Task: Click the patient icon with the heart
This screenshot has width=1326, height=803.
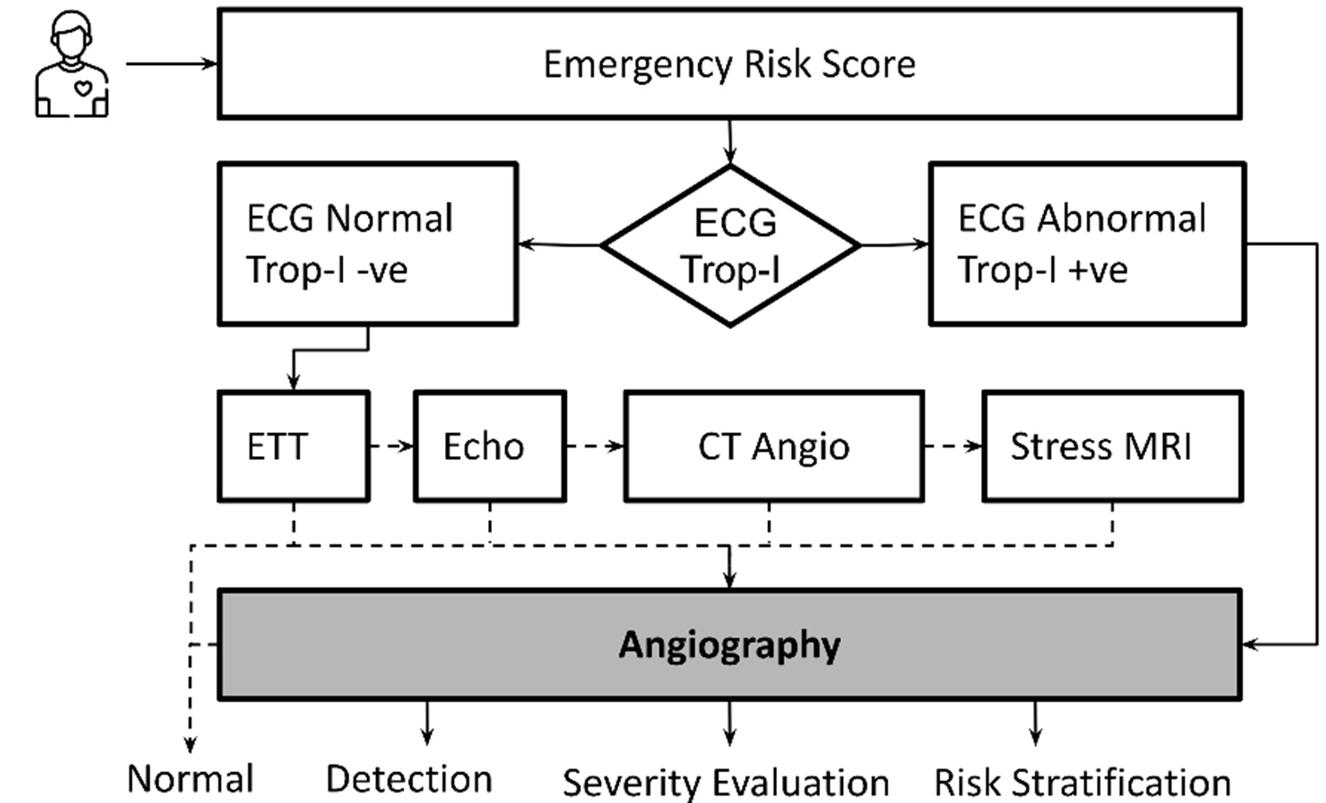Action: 71,65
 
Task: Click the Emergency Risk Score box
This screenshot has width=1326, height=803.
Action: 728,64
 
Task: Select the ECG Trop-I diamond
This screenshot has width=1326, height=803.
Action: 730,245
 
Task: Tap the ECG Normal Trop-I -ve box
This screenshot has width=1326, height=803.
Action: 367,244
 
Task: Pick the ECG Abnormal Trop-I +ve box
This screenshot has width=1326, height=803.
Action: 1086,244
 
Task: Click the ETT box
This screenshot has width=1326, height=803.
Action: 293,446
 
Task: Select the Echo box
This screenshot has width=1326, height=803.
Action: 489,446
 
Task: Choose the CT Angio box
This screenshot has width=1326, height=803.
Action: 773,446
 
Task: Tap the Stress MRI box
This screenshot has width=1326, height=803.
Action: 1112,446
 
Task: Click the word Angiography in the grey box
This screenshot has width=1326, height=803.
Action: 728,645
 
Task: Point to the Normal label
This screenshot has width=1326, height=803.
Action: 191,779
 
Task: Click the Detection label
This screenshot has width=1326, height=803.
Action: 408,779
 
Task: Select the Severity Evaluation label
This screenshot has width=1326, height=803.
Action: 725,783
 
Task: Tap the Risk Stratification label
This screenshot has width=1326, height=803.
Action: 1082,783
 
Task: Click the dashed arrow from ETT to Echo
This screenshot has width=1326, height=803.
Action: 391,446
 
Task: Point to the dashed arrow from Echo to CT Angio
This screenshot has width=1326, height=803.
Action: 594,446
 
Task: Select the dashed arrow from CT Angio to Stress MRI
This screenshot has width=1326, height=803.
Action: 952,446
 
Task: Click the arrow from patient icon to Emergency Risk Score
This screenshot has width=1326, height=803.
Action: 171,63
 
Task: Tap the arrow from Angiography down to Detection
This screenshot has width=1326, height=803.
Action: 427,722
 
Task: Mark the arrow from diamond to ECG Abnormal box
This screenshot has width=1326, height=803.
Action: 894,244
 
